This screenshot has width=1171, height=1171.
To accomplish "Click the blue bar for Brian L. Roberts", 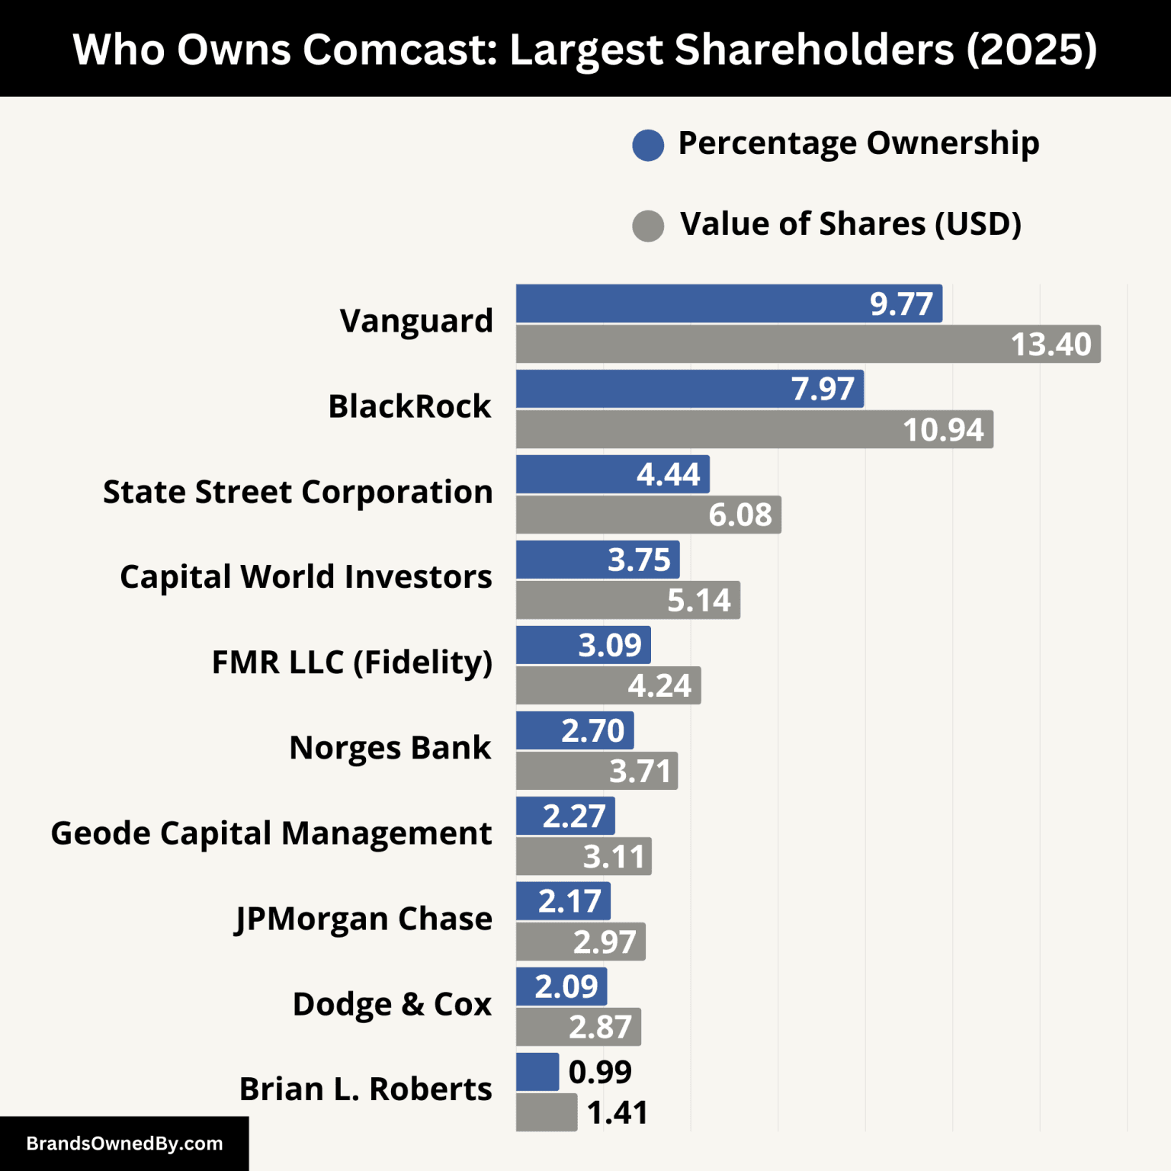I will coord(537,1072).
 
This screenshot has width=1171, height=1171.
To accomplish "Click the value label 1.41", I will coord(618,1113).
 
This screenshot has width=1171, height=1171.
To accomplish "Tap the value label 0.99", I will coord(600,1072).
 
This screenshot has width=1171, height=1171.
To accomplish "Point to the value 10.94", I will coord(943,430).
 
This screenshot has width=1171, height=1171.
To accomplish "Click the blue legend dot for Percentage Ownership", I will coord(648,145).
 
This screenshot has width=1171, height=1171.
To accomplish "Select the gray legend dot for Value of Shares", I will coord(648,226).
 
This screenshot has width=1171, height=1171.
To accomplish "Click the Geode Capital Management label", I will coord(271,833).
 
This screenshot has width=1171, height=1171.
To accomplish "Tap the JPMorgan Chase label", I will coord(363,919).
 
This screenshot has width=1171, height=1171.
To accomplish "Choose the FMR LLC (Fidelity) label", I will coord(351,662).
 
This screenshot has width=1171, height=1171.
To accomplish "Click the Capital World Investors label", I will coord(306,577).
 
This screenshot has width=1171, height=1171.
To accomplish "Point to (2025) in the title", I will coord(1031,50).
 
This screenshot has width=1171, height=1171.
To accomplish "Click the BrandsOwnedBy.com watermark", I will coord(124,1144).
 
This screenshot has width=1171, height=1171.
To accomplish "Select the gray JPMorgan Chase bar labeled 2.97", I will coord(580,942).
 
